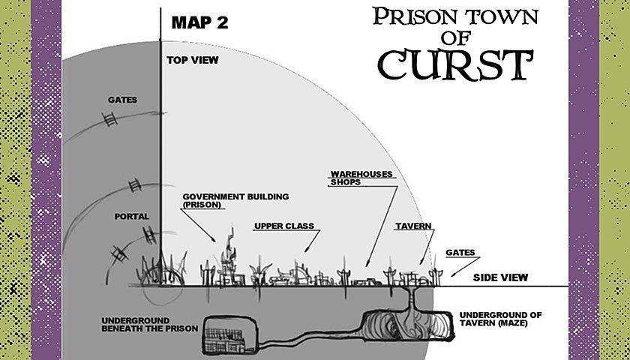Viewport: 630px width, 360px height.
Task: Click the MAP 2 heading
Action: [199, 22]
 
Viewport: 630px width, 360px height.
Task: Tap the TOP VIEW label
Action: [193, 60]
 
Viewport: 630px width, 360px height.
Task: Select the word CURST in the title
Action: [456, 64]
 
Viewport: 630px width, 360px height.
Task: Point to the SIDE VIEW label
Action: [500, 277]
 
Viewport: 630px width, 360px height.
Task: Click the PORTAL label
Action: [132, 217]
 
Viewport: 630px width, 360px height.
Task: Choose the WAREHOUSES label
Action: [361, 174]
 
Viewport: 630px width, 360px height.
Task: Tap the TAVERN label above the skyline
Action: [413, 226]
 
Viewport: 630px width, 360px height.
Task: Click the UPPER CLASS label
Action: [284, 226]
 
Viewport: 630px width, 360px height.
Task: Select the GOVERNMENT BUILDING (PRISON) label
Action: [235, 200]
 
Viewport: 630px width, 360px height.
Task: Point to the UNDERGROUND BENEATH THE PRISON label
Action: [149, 325]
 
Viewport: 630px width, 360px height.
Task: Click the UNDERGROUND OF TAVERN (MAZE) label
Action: [501, 319]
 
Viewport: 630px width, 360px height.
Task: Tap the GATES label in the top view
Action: [122, 100]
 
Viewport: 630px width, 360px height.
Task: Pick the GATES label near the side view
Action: [460, 253]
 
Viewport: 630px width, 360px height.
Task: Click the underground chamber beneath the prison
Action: [230, 335]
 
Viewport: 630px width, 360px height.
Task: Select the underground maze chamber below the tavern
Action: [408, 325]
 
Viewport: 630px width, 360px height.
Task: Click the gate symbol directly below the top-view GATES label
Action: [109, 119]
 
